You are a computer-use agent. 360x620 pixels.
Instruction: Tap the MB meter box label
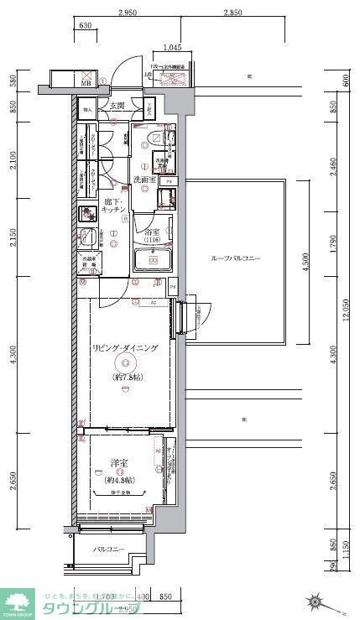pos(86,83)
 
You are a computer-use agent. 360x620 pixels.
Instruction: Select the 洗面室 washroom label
pos(144,180)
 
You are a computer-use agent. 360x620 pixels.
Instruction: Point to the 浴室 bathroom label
pos(153,232)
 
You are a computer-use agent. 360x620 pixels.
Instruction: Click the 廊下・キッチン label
pos(112,207)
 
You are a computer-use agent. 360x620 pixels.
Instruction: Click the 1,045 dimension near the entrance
pos(171,47)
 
